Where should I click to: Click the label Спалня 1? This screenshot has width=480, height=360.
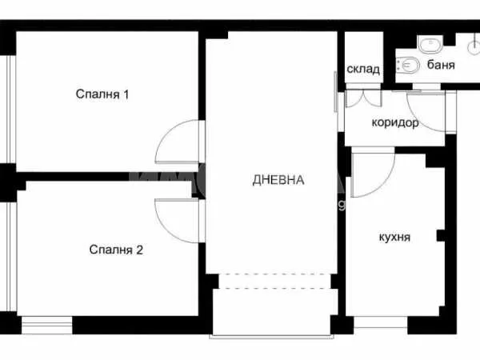tap(102, 94)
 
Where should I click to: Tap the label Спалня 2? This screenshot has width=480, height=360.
tap(115, 250)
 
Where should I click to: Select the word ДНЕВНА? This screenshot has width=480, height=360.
tap(278, 180)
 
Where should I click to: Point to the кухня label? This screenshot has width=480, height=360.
tap(394, 238)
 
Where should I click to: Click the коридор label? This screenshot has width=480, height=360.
tap(395, 123)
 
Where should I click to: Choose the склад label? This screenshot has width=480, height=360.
tap(363, 69)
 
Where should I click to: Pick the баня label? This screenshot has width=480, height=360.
tap(441, 65)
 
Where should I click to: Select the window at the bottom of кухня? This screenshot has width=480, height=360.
tap(380, 324)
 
